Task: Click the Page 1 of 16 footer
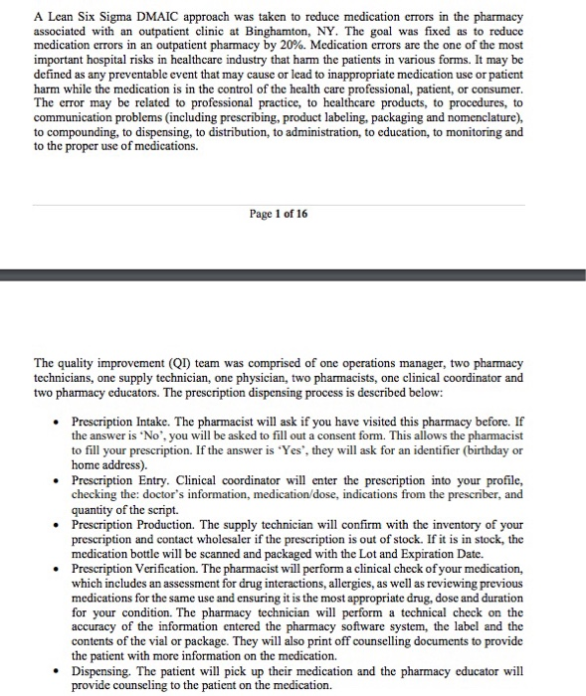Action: [x=279, y=213]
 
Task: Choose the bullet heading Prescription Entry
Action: [x=115, y=480]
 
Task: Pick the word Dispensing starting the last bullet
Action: [x=102, y=671]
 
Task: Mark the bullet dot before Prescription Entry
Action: [x=59, y=480]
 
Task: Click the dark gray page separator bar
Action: [x=293, y=271]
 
